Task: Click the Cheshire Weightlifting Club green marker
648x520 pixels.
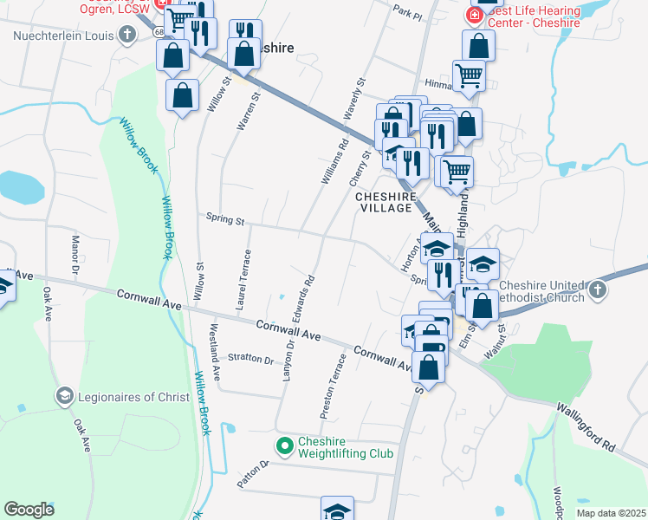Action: (284, 446)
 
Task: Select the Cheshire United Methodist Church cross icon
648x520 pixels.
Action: (598, 291)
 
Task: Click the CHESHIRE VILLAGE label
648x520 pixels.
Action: (385, 202)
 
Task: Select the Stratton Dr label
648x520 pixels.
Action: (250, 358)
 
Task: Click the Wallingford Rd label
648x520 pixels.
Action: (586, 428)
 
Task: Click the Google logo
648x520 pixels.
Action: (29, 510)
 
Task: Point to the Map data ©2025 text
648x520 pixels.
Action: (612, 513)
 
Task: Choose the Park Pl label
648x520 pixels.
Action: (405, 14)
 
